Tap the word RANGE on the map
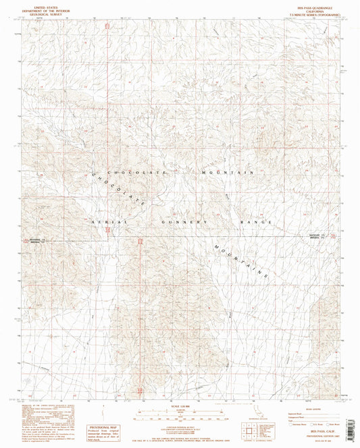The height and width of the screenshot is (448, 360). (257, 221)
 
